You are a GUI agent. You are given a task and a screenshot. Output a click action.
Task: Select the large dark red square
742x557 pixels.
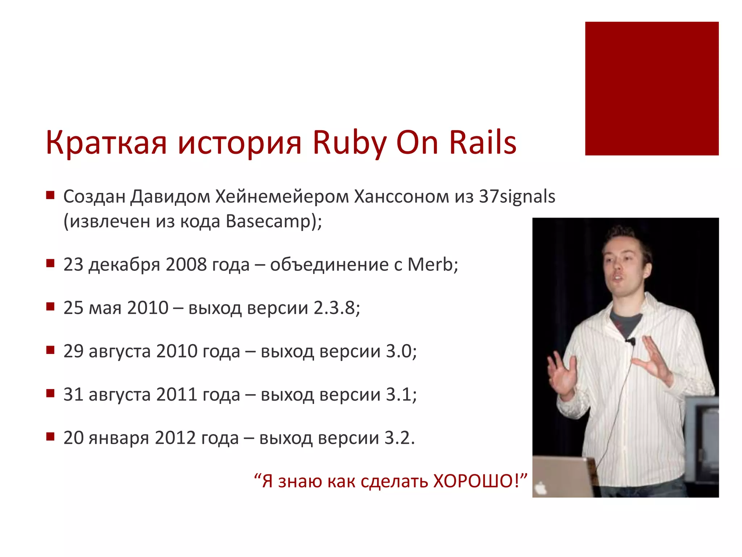[x=651, y=88]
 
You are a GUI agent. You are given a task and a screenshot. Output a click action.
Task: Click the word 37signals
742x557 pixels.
[x=517, y=197]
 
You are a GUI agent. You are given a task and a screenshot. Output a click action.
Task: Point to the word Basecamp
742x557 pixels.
[x=268, y=221]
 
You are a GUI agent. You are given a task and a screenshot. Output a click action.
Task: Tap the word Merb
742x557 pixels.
[x=430, y=264]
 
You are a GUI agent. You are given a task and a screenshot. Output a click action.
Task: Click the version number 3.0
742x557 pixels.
[x=399, y=351]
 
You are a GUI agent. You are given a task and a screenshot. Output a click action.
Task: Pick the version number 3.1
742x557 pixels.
[x=399, y=395]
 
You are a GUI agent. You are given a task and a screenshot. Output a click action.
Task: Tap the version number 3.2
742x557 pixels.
[x=397, y=438]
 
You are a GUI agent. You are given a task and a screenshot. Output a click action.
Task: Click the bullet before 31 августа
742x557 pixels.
[x=50, y=393]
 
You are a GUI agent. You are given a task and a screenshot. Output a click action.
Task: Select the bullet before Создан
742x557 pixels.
[x=50, y=196]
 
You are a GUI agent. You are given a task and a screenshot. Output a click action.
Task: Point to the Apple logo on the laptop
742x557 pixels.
[x=541, y=488]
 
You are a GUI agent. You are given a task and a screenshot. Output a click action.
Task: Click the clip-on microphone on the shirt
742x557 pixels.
[x=631, y=341]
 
